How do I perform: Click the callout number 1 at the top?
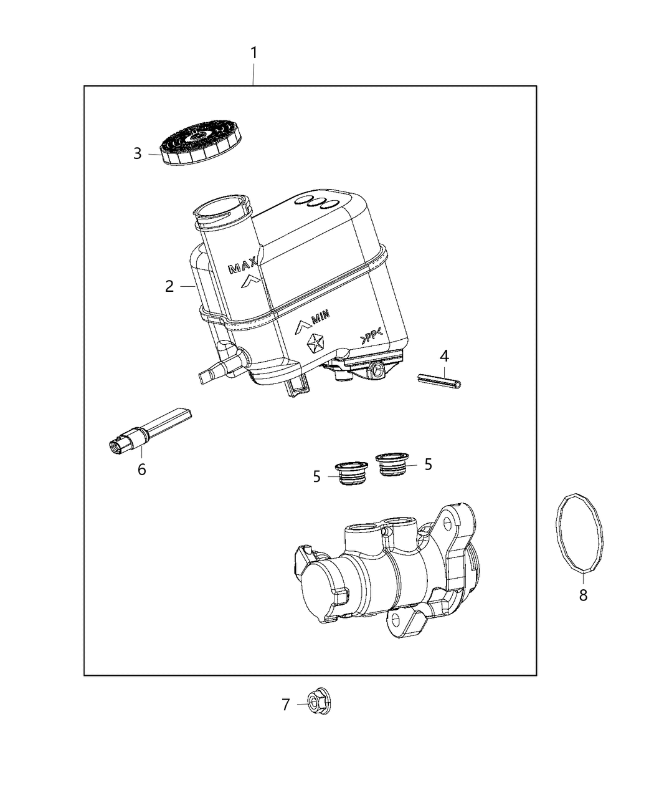254,53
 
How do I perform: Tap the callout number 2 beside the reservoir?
169,286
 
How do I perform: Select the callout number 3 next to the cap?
138,153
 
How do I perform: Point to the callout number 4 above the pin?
443,356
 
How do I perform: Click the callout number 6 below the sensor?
142,470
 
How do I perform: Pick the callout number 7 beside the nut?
286,705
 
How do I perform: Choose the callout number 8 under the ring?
583,595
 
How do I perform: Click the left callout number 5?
317,477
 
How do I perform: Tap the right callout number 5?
428,464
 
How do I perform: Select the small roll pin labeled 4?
440,380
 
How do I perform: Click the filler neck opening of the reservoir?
221,210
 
